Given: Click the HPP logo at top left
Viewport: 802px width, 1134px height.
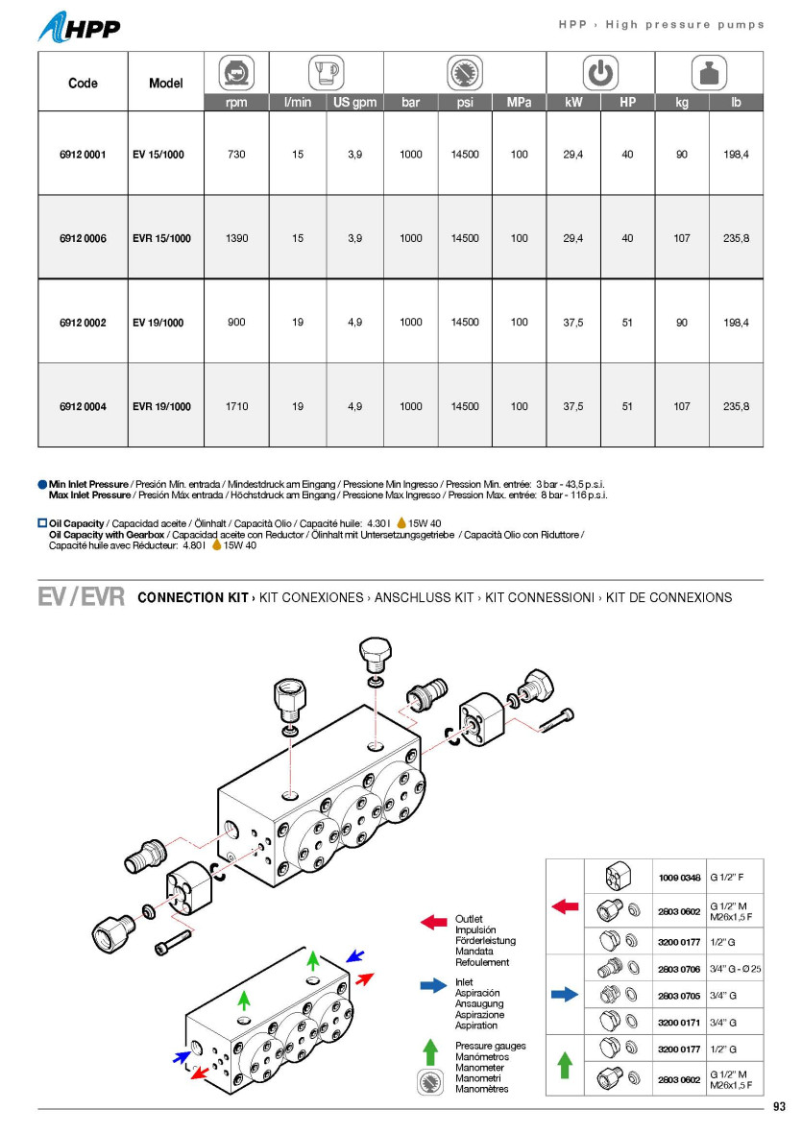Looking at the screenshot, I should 80,27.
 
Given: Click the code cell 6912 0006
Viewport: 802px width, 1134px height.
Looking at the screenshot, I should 83,238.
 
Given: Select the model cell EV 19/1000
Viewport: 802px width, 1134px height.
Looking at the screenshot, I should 158,323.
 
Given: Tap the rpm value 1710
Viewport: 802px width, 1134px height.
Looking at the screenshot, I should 236,406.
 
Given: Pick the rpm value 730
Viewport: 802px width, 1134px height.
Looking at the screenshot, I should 236,155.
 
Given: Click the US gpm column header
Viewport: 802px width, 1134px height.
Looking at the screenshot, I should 354,102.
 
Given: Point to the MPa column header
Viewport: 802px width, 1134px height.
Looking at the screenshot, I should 519,102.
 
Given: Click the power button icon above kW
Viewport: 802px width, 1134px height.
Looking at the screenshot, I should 600,73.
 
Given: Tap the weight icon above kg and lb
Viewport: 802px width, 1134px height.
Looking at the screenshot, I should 709,73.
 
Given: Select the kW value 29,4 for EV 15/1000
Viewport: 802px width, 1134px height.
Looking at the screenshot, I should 573,155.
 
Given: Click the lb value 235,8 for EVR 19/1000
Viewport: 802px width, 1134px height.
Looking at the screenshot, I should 737,406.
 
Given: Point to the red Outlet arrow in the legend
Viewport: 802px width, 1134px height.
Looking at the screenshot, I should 433,923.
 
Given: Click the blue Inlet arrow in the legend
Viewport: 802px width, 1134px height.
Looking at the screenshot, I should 433,984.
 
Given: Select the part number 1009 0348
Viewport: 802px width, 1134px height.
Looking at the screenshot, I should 678,877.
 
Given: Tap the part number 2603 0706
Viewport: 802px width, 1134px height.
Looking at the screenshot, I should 678,970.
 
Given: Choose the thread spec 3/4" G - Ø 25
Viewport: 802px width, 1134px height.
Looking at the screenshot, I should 735,970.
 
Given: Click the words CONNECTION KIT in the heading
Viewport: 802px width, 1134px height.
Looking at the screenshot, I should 193,597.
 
